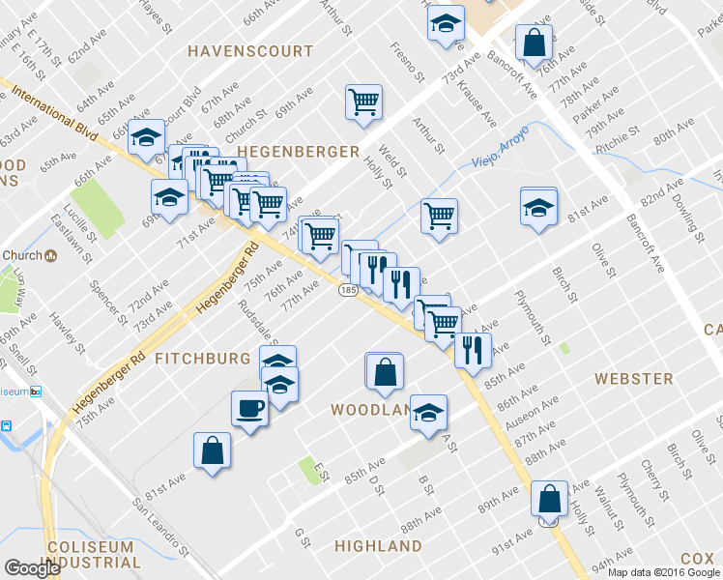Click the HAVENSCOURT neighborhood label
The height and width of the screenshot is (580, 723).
click(250, 50)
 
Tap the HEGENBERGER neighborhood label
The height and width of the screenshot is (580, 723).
click(298, 152)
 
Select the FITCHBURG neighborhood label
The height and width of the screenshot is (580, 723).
click(203, 359)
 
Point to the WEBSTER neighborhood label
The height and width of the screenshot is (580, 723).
click(634, 378)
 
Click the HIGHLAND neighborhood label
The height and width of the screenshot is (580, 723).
click(378, 546)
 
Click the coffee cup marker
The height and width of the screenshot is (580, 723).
click(249, 408)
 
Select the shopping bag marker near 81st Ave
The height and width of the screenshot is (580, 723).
click(212, 450)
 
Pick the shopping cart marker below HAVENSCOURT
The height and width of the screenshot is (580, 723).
click(363, 101)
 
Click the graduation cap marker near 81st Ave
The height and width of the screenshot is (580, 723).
click(538, 206)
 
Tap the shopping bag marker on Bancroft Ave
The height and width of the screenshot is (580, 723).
click(533, 43)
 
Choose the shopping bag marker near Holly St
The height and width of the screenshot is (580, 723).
click(549, 500)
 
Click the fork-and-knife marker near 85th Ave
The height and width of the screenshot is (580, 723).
click(472, 350)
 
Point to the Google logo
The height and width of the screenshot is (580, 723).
click(32, 568)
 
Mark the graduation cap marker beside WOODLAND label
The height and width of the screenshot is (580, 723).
click(428, 413)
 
